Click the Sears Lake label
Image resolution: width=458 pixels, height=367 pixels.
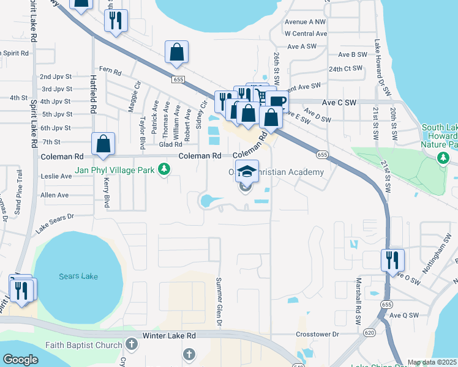click(78, 276)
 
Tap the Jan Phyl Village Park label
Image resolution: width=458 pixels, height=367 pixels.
click(114, 169)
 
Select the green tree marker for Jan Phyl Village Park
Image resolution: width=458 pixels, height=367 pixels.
click(163, 169)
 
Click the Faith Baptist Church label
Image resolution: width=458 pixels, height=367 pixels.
click(86, 345)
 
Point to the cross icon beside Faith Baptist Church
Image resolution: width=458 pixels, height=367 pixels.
click(130, 345)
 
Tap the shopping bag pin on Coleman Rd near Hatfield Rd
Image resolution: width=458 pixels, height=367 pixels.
click(103, 144)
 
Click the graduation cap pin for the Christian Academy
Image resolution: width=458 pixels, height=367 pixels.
click(247, 172)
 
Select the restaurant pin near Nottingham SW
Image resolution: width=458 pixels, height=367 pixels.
click(392, 260)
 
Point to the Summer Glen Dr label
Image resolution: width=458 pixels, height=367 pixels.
click(219, 302)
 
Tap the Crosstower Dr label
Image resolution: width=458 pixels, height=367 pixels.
click(317, 335)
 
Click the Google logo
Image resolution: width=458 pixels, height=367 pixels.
click(21, 359)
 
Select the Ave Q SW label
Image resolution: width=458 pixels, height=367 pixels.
click(404, 315)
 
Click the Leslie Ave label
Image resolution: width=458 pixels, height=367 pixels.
click(56, 176)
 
